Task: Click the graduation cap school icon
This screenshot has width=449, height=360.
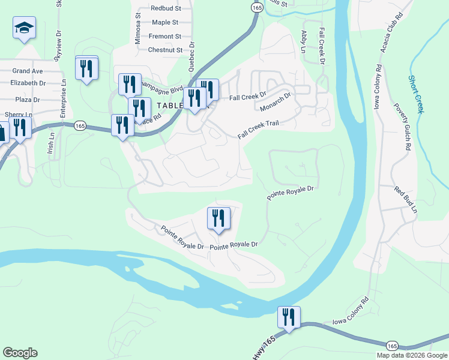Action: tap(24, 28)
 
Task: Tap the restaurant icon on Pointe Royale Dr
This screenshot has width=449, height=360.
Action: tap(218, 218)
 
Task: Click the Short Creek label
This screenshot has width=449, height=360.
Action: tap(416, 94)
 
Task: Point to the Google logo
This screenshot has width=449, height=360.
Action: tap(20, 353)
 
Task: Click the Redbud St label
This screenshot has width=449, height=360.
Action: tap(166, 8)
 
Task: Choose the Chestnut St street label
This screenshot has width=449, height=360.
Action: tap(165, 50)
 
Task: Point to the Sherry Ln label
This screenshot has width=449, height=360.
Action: tap(18, 114)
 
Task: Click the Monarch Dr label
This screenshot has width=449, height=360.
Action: tap(276, 102)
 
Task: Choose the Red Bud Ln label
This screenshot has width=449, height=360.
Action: tap(406, 199)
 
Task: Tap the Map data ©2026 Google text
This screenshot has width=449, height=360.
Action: tap(412, 355)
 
